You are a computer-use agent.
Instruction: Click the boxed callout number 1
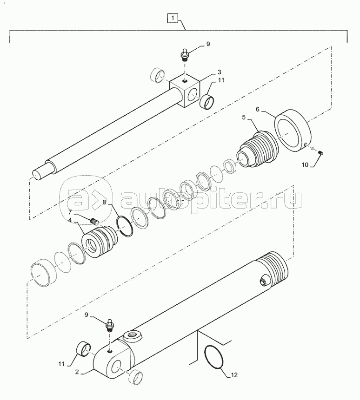(x=173, y=18)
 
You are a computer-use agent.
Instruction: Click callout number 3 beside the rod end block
(x=219, y=72)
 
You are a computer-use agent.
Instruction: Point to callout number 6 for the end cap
(x=257, y=110)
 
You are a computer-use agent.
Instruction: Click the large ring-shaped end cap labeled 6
(x=293, y=131)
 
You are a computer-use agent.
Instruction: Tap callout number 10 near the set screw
(x=305, y=165)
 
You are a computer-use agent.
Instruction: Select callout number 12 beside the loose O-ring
(x=234, y=375)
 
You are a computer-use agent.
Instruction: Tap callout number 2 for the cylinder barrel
(x=77, y=372)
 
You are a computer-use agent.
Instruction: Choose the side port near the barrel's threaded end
(x=263, y=281)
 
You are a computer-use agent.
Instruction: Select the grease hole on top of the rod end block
(x=185, y=82)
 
